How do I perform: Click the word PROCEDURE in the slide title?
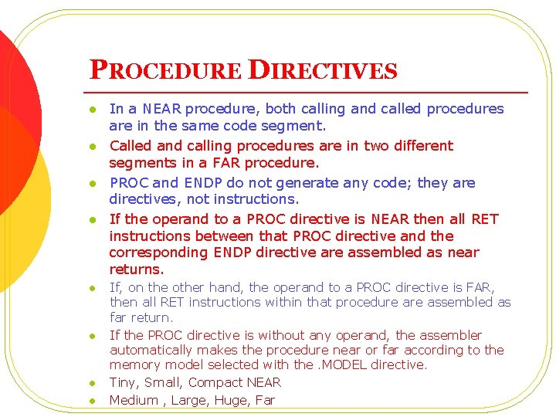pyautogui.click(x=165, y=70)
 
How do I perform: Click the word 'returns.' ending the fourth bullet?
pyautogui.click(x=137, y=270)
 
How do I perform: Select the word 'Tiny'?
pyautogui.click(x=124, y=382)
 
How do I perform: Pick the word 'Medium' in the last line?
pyautogui.click(x=134, y=400)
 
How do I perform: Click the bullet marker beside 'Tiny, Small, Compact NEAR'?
pyautogui.click(x=90, y=383)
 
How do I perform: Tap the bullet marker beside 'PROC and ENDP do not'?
pyautogui.click(x=90, y=184)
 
